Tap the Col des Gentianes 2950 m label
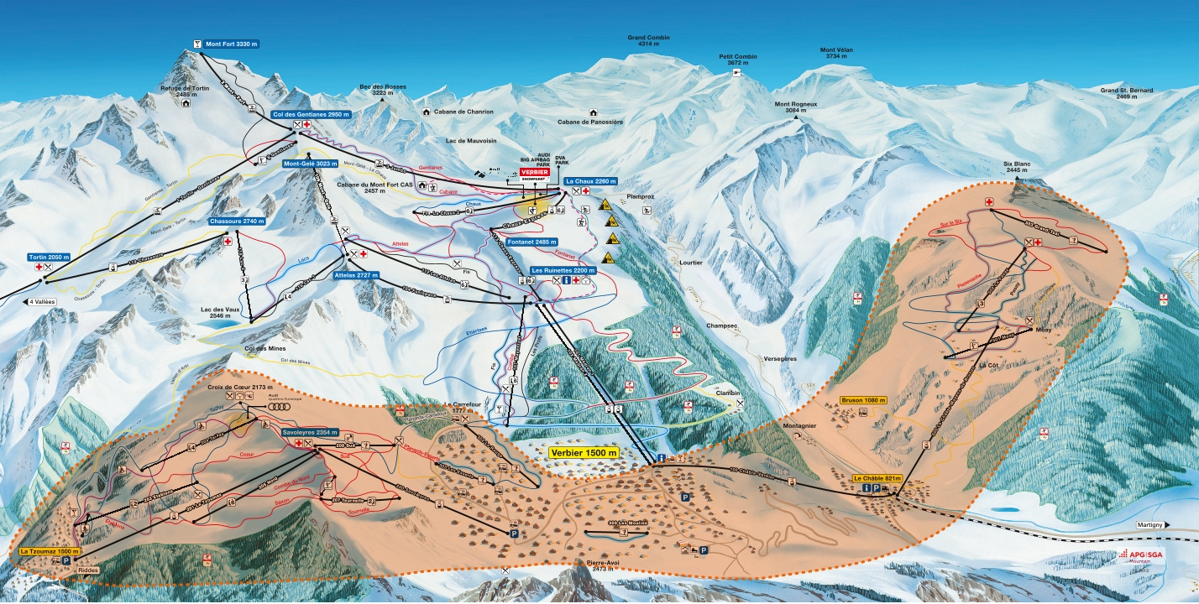pos(312,114)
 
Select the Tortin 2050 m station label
pos(48,257)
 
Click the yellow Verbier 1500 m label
pos(584,452)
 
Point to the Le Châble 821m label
pos(877,478)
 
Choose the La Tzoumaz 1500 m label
pos(50,552)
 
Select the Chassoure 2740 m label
pos(237,221)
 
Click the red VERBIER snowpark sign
pos(534,173)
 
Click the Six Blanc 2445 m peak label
pos(1020,167)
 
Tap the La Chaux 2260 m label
pos(591,181)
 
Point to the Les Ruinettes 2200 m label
pos(563,271)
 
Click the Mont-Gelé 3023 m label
pos(311,164)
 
